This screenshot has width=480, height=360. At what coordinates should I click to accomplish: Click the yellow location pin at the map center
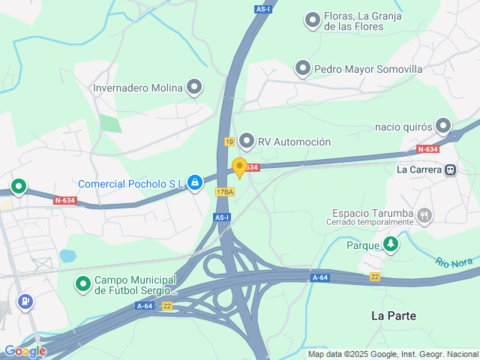[x=239, y=167]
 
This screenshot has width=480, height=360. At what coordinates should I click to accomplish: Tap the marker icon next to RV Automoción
[x=247, y=141]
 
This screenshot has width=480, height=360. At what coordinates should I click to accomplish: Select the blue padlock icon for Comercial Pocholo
[x=195, y=182]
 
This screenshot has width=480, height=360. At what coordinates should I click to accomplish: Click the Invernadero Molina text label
[x=137, y=88]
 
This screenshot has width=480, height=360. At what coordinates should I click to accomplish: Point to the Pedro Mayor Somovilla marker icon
[x=303, y=69]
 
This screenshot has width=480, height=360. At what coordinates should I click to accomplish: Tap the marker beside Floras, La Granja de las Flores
[x=313, y=20]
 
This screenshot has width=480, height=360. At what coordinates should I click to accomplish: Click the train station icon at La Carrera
[x=451, y=169]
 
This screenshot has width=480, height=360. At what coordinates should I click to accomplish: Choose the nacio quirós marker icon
[x=444, y=126]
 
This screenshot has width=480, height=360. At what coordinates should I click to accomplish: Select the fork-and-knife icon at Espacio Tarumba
[x=424, y=216]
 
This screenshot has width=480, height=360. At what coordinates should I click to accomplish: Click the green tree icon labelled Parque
[x=390, y=244]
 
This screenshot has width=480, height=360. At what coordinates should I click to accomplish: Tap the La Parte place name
[x=394, y=316]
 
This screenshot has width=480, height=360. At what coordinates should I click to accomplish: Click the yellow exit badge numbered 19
[x=229, y=142]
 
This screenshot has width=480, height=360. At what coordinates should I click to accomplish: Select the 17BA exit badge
[x=224, y=192]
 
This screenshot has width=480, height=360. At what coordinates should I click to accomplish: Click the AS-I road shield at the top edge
[x=262, y=9]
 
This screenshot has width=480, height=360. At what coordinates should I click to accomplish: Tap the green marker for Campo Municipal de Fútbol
[x=83, y=283]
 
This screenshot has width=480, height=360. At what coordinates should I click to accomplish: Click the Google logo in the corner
[x=25, y=350]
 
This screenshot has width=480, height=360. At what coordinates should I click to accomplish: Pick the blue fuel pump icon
[x=25, y=301]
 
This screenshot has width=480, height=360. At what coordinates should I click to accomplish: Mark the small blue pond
[x=67, y=256]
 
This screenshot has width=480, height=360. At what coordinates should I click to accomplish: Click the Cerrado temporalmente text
[x=370, y=223]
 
